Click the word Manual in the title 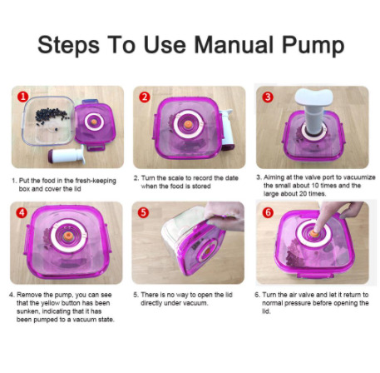[x=234, y=45]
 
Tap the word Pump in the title [x=313, y=47]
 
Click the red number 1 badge [x=23, y=97]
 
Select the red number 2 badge [x=145, y=97]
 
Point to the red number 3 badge [x=268, y=97]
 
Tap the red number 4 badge [x=22, y=213]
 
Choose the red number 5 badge [x=143, y=213]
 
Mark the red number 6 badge [x=268, y=213]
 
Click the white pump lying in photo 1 [x=67, y=156]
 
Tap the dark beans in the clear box [x=52, y=117]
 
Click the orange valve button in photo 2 [x=189, y=124]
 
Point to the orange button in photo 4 [x=67, y=236]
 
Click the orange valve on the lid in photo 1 [x=94, y=122]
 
